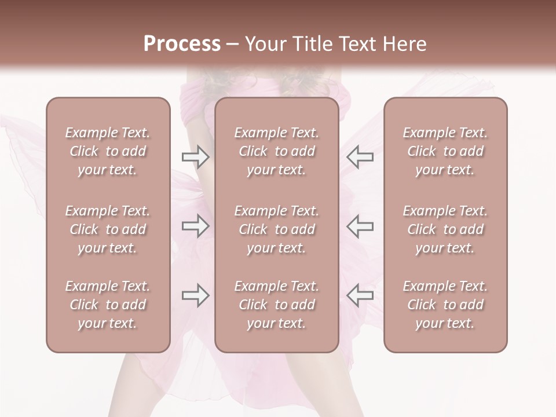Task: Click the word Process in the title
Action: point(182,44)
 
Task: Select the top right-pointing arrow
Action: point(195,157)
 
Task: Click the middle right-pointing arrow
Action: point(195,226)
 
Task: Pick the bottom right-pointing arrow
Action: point(195,295)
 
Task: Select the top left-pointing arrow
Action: point(360,157)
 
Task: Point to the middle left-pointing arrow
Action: point(360,226)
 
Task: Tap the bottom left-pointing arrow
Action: point(360,295)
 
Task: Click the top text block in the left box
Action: point(108,151)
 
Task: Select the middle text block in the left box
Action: point(108,229)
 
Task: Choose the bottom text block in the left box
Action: point(108,305)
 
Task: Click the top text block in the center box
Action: point(277,151)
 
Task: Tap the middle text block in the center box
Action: point(277,229)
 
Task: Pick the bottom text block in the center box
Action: point(277,305)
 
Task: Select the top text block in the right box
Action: point(445,151)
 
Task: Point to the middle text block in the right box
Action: point(445,229)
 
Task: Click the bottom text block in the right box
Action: point(445,305)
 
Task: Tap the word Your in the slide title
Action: point(264,44)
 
